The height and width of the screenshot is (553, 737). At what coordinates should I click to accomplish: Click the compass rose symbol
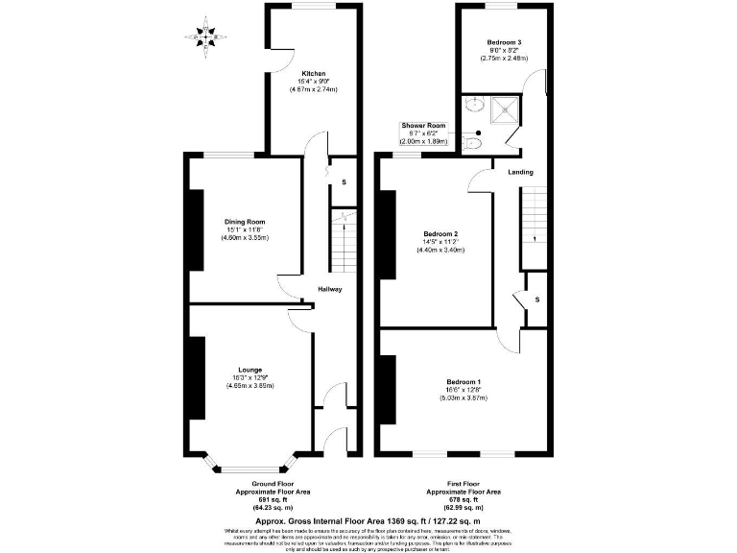(204, 38)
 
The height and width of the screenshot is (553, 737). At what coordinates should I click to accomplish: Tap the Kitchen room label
(314, 74)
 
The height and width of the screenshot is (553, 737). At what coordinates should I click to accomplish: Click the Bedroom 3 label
(504, 43)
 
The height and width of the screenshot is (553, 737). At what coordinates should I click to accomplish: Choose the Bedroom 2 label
(440, 234)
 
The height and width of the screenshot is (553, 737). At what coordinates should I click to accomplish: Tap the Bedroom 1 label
(464, 382)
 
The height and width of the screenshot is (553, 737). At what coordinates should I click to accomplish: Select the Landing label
(520, 172)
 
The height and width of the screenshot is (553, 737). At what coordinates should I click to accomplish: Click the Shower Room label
(423, 125)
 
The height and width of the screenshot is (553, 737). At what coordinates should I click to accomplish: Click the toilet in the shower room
(472, 142)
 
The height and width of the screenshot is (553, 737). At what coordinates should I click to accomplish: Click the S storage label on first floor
(536, 300)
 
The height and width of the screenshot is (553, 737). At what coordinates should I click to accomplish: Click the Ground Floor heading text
(268, 483)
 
